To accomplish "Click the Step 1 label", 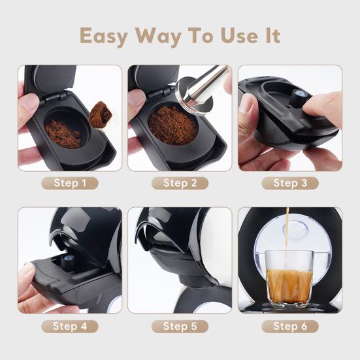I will click(x=69, y=183).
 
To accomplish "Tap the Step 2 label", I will click(x=180, y=183).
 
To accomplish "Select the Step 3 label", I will click(x=290, y=183).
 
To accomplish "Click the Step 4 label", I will click(x=69, y=326).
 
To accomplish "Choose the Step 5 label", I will click(x=180, y=326).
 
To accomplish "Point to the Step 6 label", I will click(x=290, y=326).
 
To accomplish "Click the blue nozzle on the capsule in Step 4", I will click(x=66, y=261).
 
